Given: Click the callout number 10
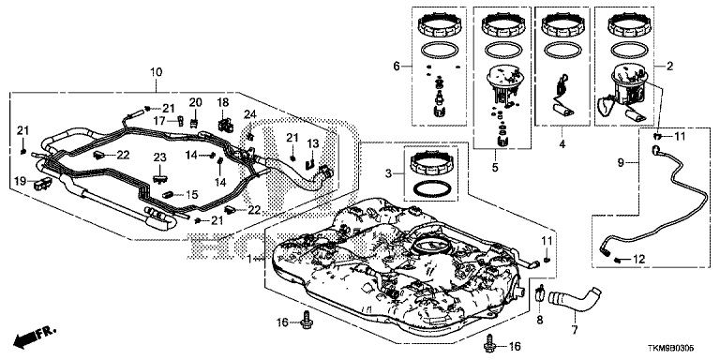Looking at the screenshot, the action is click(x=157, y=72).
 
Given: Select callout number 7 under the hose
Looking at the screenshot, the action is click(x=575, y=329).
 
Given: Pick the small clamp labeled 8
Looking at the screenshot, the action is click(x=540, y=295).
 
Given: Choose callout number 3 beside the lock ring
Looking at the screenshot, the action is click(x=389, y=173).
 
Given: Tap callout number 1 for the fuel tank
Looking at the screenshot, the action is click(x=249, y=259).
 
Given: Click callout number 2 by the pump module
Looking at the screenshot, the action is click(x=669, y=67).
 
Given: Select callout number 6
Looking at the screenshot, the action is click(x=397, y=67).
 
